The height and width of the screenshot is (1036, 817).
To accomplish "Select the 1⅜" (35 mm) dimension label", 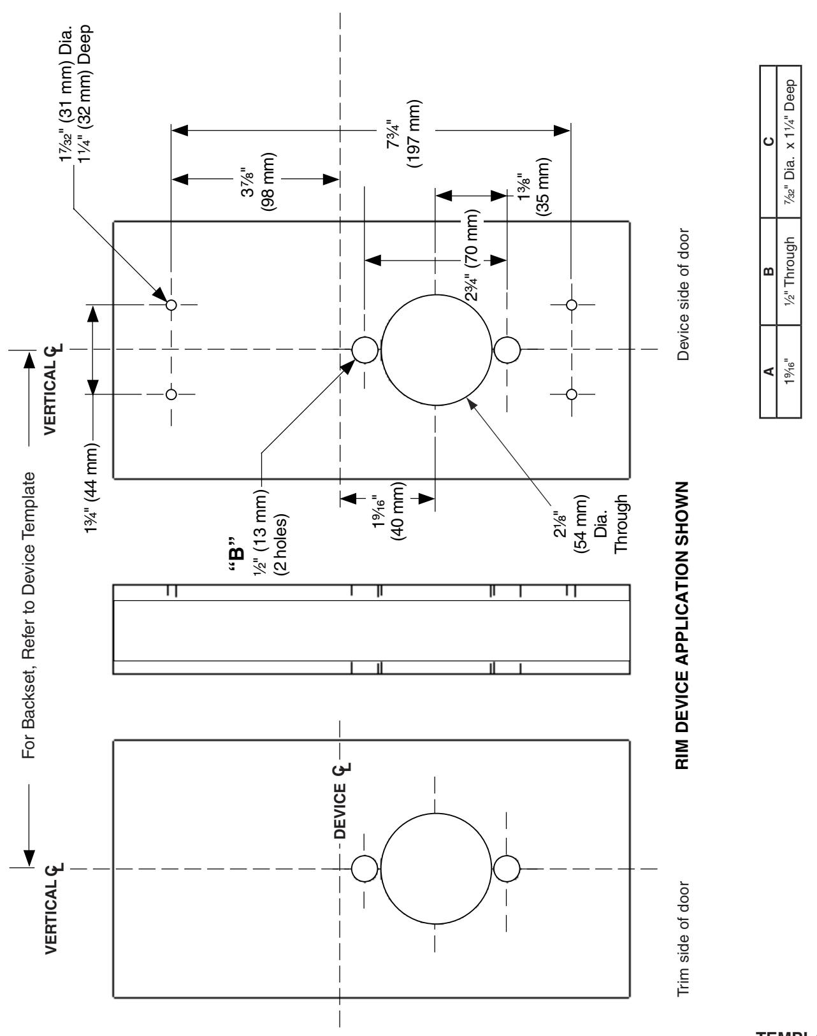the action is coord(533,187).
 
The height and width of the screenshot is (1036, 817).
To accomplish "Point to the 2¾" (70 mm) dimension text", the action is coord(472,255).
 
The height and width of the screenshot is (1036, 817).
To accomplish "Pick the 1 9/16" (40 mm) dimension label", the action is coord(389,511).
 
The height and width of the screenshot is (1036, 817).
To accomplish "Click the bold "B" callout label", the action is coord(236,554).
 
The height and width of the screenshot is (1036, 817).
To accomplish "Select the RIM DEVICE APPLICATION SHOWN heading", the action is coord(682,625).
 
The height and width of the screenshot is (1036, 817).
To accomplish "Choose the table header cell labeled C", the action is coord(769,141).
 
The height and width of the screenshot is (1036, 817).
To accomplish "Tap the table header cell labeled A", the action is coord(769,371).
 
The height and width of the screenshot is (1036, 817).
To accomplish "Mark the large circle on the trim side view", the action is coord(436,814).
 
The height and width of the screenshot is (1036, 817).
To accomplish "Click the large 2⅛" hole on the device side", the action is coord(437,294).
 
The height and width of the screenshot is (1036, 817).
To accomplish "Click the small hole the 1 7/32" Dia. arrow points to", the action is coord(171,305).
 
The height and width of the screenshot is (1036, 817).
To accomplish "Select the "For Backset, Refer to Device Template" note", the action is coord(29,615).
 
